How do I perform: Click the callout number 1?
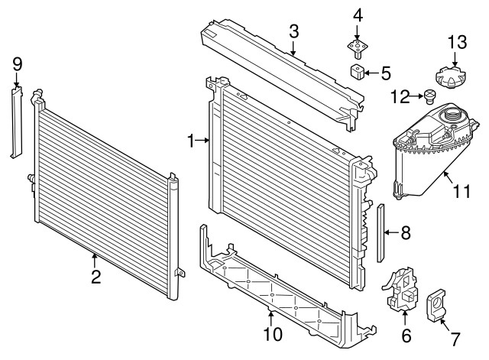coord(192,140)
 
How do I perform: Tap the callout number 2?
coord(96,277)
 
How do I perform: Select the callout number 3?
coord(293,31)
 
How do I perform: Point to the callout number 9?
coord(17,65)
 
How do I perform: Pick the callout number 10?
coord(272,333)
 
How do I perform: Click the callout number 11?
coord(460,191)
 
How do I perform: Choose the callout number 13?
coord(455,41)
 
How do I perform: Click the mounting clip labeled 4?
coord(357,47)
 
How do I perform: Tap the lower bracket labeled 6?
coord(402,293)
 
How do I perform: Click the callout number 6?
coord(406,333)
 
